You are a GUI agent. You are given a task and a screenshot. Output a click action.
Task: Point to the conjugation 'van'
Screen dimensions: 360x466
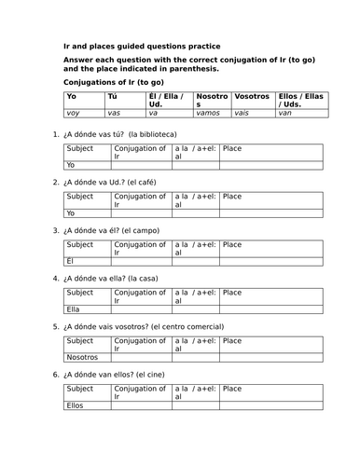(285, 114)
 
